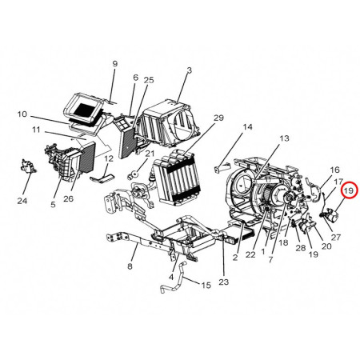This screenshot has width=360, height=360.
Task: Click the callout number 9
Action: click(x=114, y=63)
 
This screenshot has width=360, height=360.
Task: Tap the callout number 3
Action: click(x=189, y=70)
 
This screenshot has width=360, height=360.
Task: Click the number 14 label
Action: click(x=247, y=127)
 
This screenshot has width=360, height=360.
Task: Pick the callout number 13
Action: click(x=283, y=139)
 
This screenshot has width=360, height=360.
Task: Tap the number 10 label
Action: click(x=22, y=114)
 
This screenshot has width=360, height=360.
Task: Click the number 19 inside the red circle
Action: click(x=349, y=191)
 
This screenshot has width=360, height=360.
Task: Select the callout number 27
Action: click(x=335, y=237)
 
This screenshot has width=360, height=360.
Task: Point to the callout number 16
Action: click(x=334, y=170)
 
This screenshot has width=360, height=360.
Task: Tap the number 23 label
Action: click(x=223, y=282)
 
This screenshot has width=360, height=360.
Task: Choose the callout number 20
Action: click(x=326, y=246)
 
